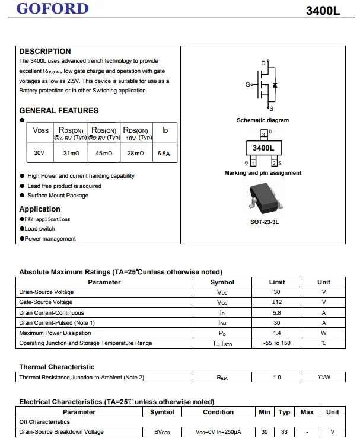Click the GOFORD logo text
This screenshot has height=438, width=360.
[53, 9]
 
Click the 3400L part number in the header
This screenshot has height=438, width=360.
[324, 11]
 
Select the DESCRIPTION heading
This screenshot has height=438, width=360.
[45, 51]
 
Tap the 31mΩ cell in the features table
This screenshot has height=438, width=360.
[71, 153]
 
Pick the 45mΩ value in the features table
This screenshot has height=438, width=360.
[104, 153]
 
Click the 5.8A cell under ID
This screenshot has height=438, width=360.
[164, 153]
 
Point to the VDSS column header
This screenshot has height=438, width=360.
[41, 130]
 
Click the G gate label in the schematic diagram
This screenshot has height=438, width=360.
[247, 85]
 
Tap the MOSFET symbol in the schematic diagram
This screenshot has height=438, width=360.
[266, 85]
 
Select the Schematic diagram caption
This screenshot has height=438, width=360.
[263, 120]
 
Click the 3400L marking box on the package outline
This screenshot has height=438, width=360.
[263, 148]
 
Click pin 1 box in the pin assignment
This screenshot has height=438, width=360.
[253, 162]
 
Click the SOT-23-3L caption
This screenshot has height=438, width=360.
[265, 222]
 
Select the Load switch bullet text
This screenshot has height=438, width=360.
[40, 229]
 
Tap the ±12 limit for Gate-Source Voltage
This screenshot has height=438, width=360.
[276, 302]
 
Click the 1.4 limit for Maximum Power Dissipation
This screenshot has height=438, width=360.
[276, 333]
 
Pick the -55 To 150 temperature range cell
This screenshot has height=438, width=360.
[276, 343]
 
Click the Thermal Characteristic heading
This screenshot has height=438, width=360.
[57, 367]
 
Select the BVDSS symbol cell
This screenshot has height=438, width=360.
[162, 432]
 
